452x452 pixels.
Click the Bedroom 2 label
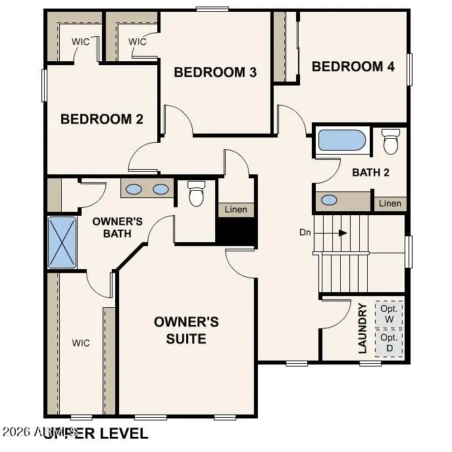pos(101,119)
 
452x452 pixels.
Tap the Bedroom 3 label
pos(214,72)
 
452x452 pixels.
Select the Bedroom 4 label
pos(353,66)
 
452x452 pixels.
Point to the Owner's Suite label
pos(186,330)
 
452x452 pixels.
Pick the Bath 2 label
pos(371,173)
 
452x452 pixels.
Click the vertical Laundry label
pos(363,328)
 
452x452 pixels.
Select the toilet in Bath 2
pos(391,141)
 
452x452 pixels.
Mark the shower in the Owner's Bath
pos(63,241)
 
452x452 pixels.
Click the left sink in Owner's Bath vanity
pos(134,189)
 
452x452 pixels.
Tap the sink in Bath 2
pos(328,200)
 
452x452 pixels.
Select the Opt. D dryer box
pos(388,342)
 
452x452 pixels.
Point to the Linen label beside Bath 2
pos(389,204)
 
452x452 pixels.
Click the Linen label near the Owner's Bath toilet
pos(236,210)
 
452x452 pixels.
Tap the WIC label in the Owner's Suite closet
pos(80,343)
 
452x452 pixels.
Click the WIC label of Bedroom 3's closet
pos(137,42)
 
